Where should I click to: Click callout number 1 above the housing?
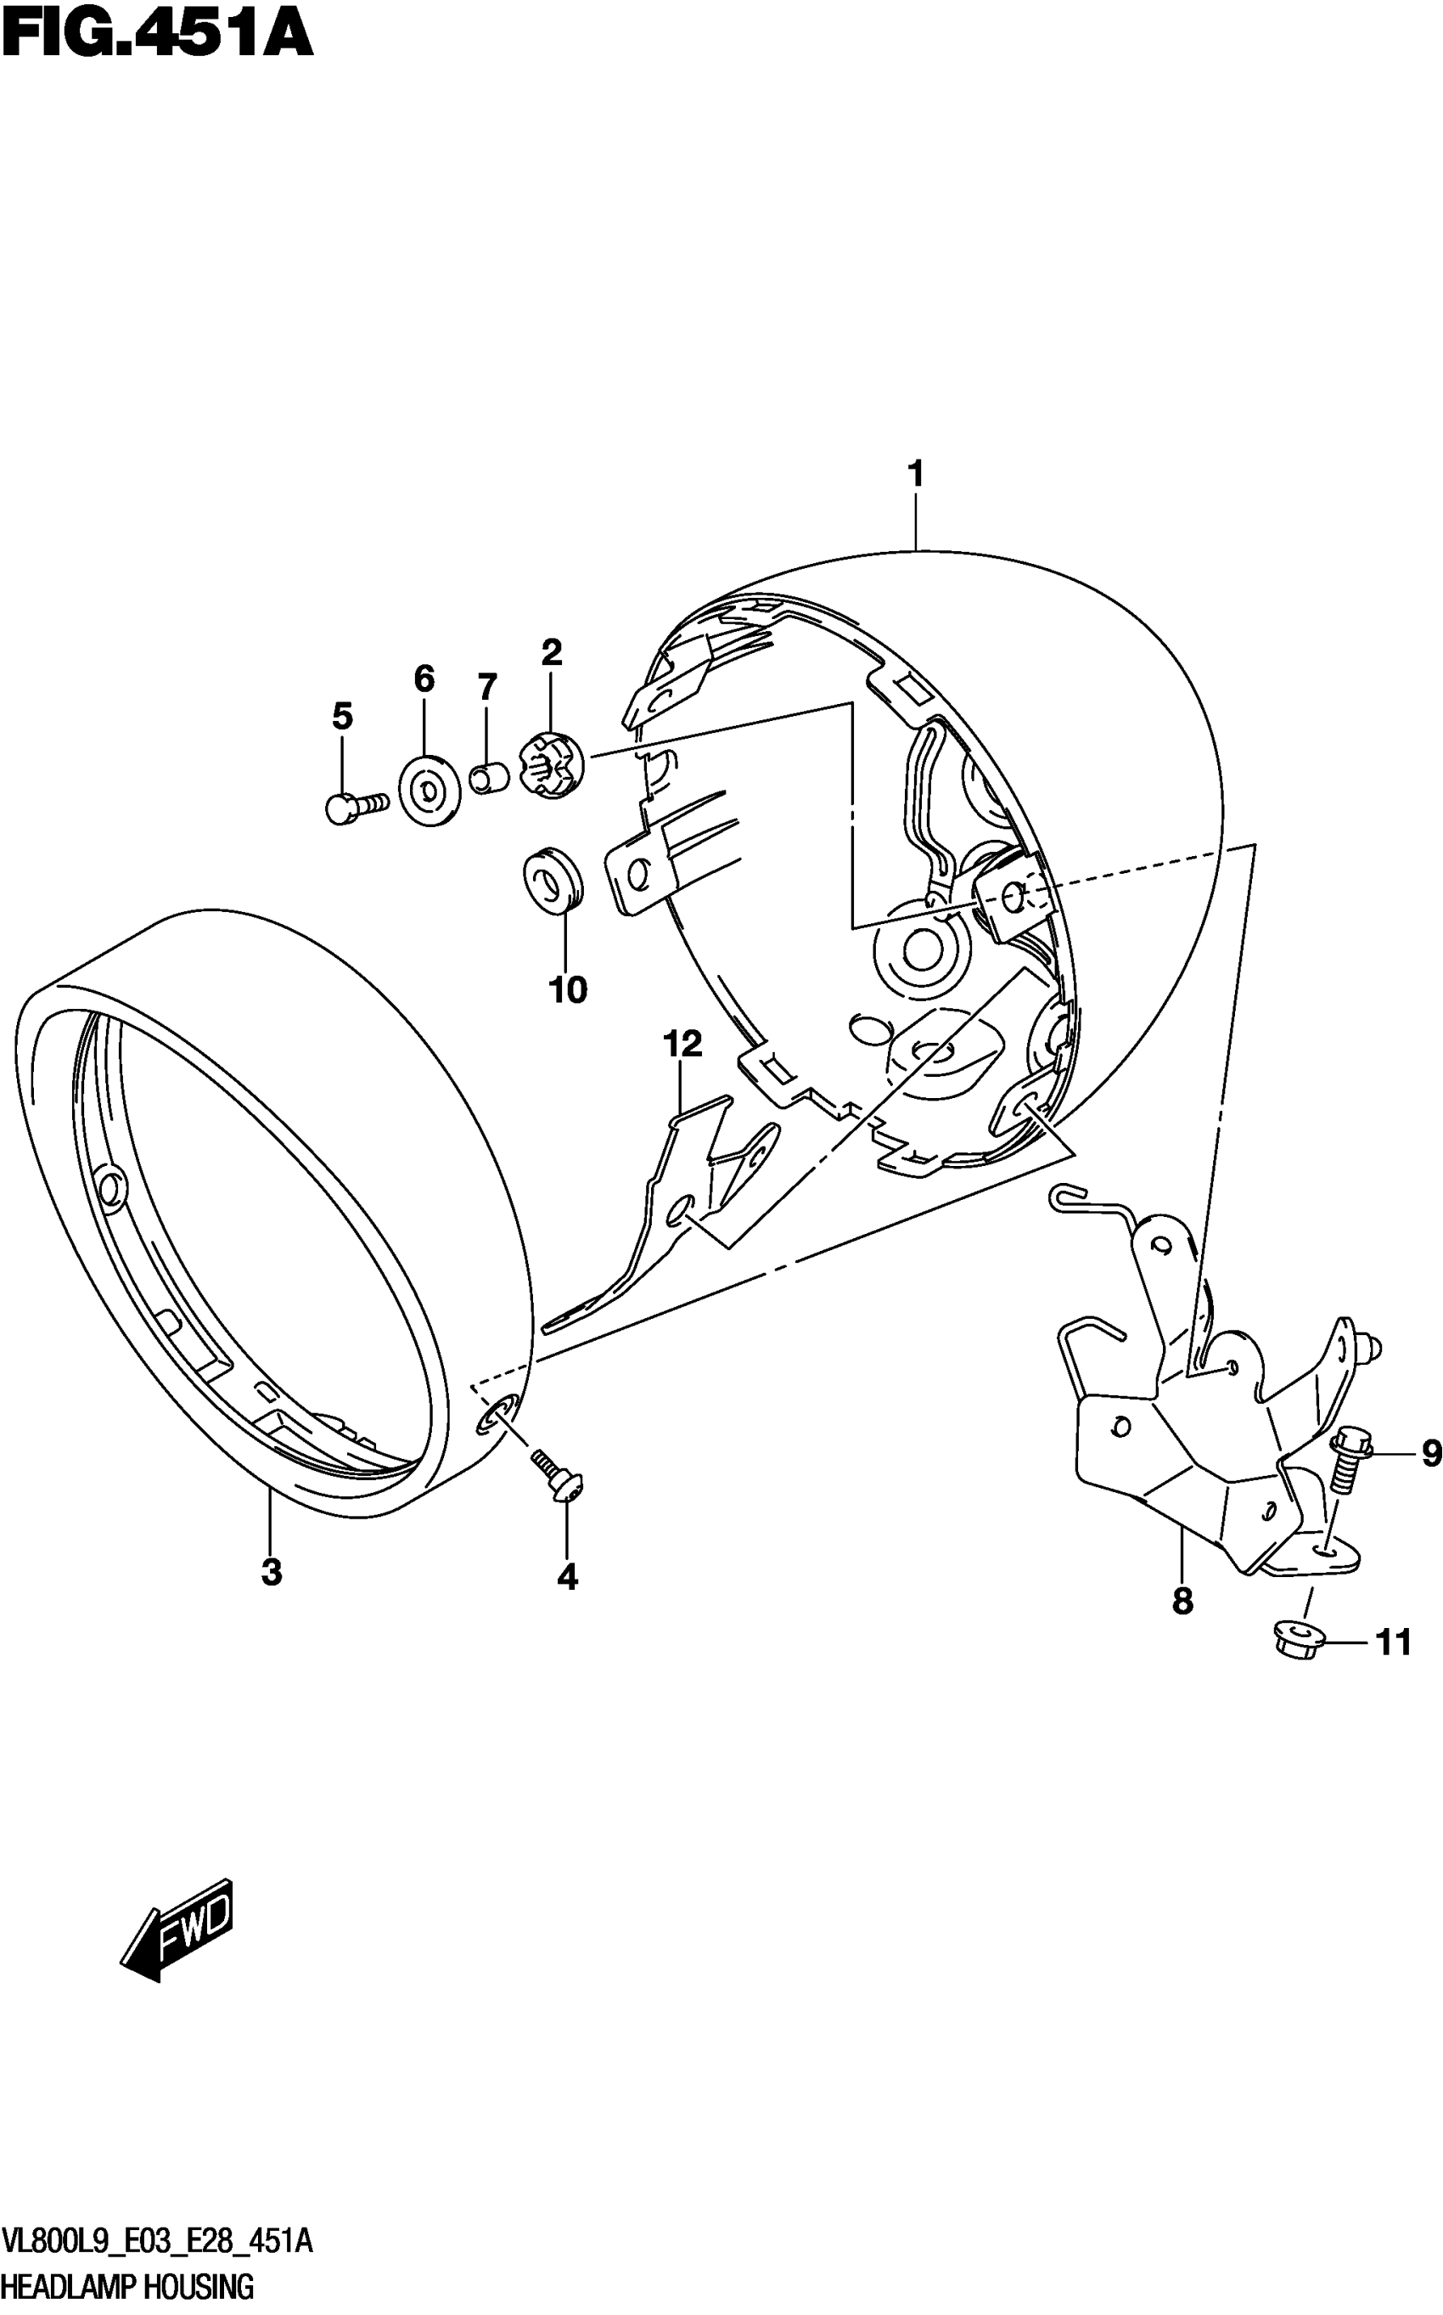point(915,474)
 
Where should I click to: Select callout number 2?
point(552,653)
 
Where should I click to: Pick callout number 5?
point(343,715)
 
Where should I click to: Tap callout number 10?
point(568,990)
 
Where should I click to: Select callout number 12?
point(683,1044)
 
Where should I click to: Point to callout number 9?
point(1429,1454)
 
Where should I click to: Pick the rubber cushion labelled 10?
point(555,878)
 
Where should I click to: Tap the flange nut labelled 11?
point(1298,1640)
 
